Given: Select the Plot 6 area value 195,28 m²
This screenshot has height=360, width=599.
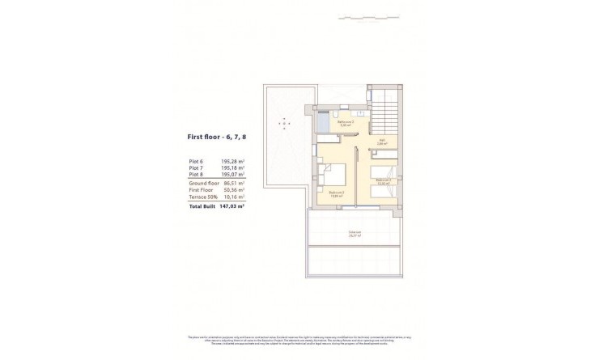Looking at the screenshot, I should click(233, 161).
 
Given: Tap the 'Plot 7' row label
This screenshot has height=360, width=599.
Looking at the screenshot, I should click(195, 167).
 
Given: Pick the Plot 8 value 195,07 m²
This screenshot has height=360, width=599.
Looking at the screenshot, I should click(233, 174).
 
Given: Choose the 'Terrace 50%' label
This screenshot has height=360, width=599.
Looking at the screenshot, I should click(201, 196).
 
